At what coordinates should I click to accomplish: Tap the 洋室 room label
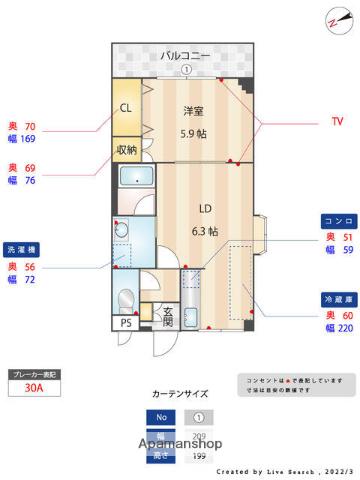[195, 111]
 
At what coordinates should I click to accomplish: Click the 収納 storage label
[126, 151]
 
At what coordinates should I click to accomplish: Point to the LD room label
[204, 209]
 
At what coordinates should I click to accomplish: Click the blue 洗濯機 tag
[22, 249]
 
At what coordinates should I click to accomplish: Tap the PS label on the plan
[126, 323]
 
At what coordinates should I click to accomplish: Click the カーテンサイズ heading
[181, 394]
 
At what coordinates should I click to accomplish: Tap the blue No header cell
[160, 417]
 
